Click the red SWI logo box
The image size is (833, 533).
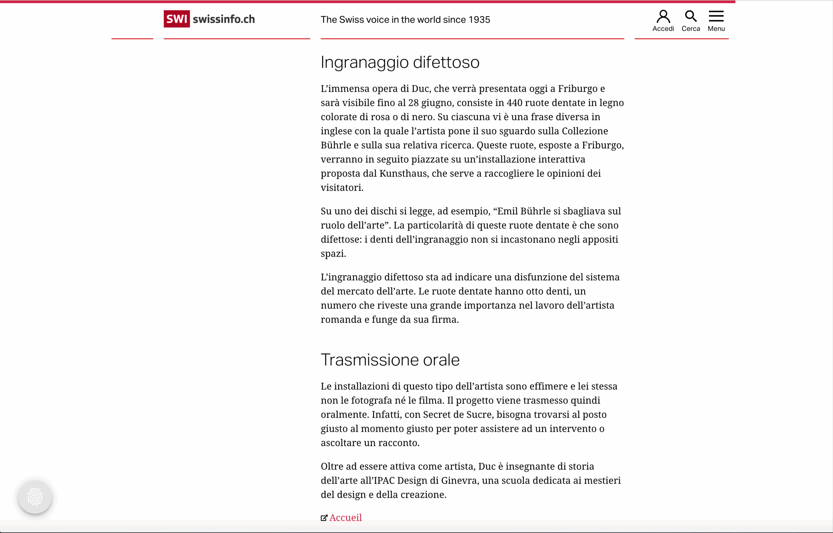(176, 19)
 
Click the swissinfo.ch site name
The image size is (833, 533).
(224, 19)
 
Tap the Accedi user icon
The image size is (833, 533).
(663, 16)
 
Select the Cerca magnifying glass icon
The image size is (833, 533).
(690, 16)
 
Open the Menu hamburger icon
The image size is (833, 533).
(716, 16)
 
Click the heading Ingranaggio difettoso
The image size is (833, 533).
(400, 62)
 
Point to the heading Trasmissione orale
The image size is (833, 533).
(390, 360)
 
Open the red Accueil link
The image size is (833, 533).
(346, 517)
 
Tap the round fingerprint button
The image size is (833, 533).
(35, 497)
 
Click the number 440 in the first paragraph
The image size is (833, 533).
(514, 103)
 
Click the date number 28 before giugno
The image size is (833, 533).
(413, 103)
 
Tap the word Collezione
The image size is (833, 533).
(585, 131)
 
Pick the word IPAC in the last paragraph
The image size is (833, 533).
(383, 480)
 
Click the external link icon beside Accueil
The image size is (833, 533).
(324, 518)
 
